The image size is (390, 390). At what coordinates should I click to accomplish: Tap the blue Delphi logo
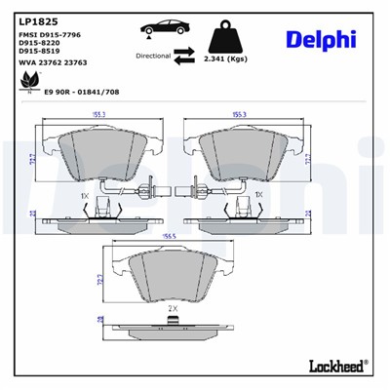click(320, 39)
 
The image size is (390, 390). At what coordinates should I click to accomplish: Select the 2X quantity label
click(173, 309)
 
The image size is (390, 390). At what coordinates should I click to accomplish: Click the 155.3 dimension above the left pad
click(98, 114)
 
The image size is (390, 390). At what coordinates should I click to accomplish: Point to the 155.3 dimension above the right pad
click(238, 114)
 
